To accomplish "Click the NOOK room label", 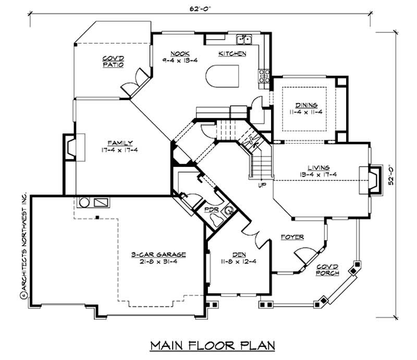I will (179, 53).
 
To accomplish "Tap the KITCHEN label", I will (232, 54).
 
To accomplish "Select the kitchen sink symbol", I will (244, 40).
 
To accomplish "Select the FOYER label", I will (292, 237).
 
